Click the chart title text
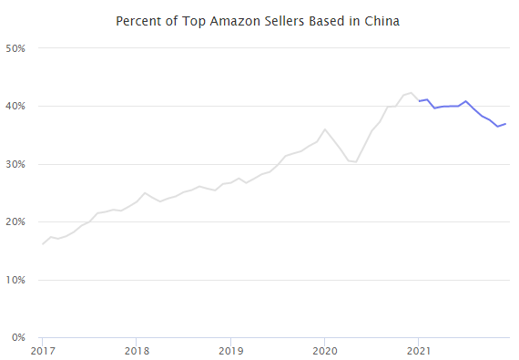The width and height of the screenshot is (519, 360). (259, 20)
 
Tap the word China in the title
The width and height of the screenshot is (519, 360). (382, 20)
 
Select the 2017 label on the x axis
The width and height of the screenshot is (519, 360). (43, 349)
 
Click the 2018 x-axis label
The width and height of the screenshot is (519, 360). (137, 349)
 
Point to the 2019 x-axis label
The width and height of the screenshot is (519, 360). (231, 349)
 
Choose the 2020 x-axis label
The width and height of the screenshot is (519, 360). (325, 349)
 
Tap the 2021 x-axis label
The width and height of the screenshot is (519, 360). (419, 349)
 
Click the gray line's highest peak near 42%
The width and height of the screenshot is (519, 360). (412, 93)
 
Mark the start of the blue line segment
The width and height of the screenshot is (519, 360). (419, 101)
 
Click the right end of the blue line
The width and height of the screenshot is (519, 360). (505, 124)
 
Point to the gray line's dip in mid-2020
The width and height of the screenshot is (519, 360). (356, 162)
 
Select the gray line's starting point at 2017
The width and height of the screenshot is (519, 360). (43, 244)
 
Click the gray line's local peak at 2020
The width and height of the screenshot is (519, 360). (325, 129)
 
